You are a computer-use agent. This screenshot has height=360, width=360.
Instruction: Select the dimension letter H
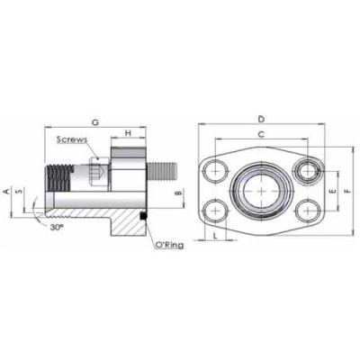tap(130, 134)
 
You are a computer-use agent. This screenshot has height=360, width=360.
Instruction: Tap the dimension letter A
tap(7, 192)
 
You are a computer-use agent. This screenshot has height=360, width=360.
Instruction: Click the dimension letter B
tap(178, 192)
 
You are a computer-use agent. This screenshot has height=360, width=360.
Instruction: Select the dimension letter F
tap(348, 192)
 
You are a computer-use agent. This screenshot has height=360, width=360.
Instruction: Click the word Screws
tap(72, 140)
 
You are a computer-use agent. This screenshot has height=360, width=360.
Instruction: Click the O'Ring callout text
tap(167, 244)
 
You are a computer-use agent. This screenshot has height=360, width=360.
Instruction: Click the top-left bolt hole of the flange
tap(216, 168)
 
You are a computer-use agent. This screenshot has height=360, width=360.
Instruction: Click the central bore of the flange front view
tap(261, 191)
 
